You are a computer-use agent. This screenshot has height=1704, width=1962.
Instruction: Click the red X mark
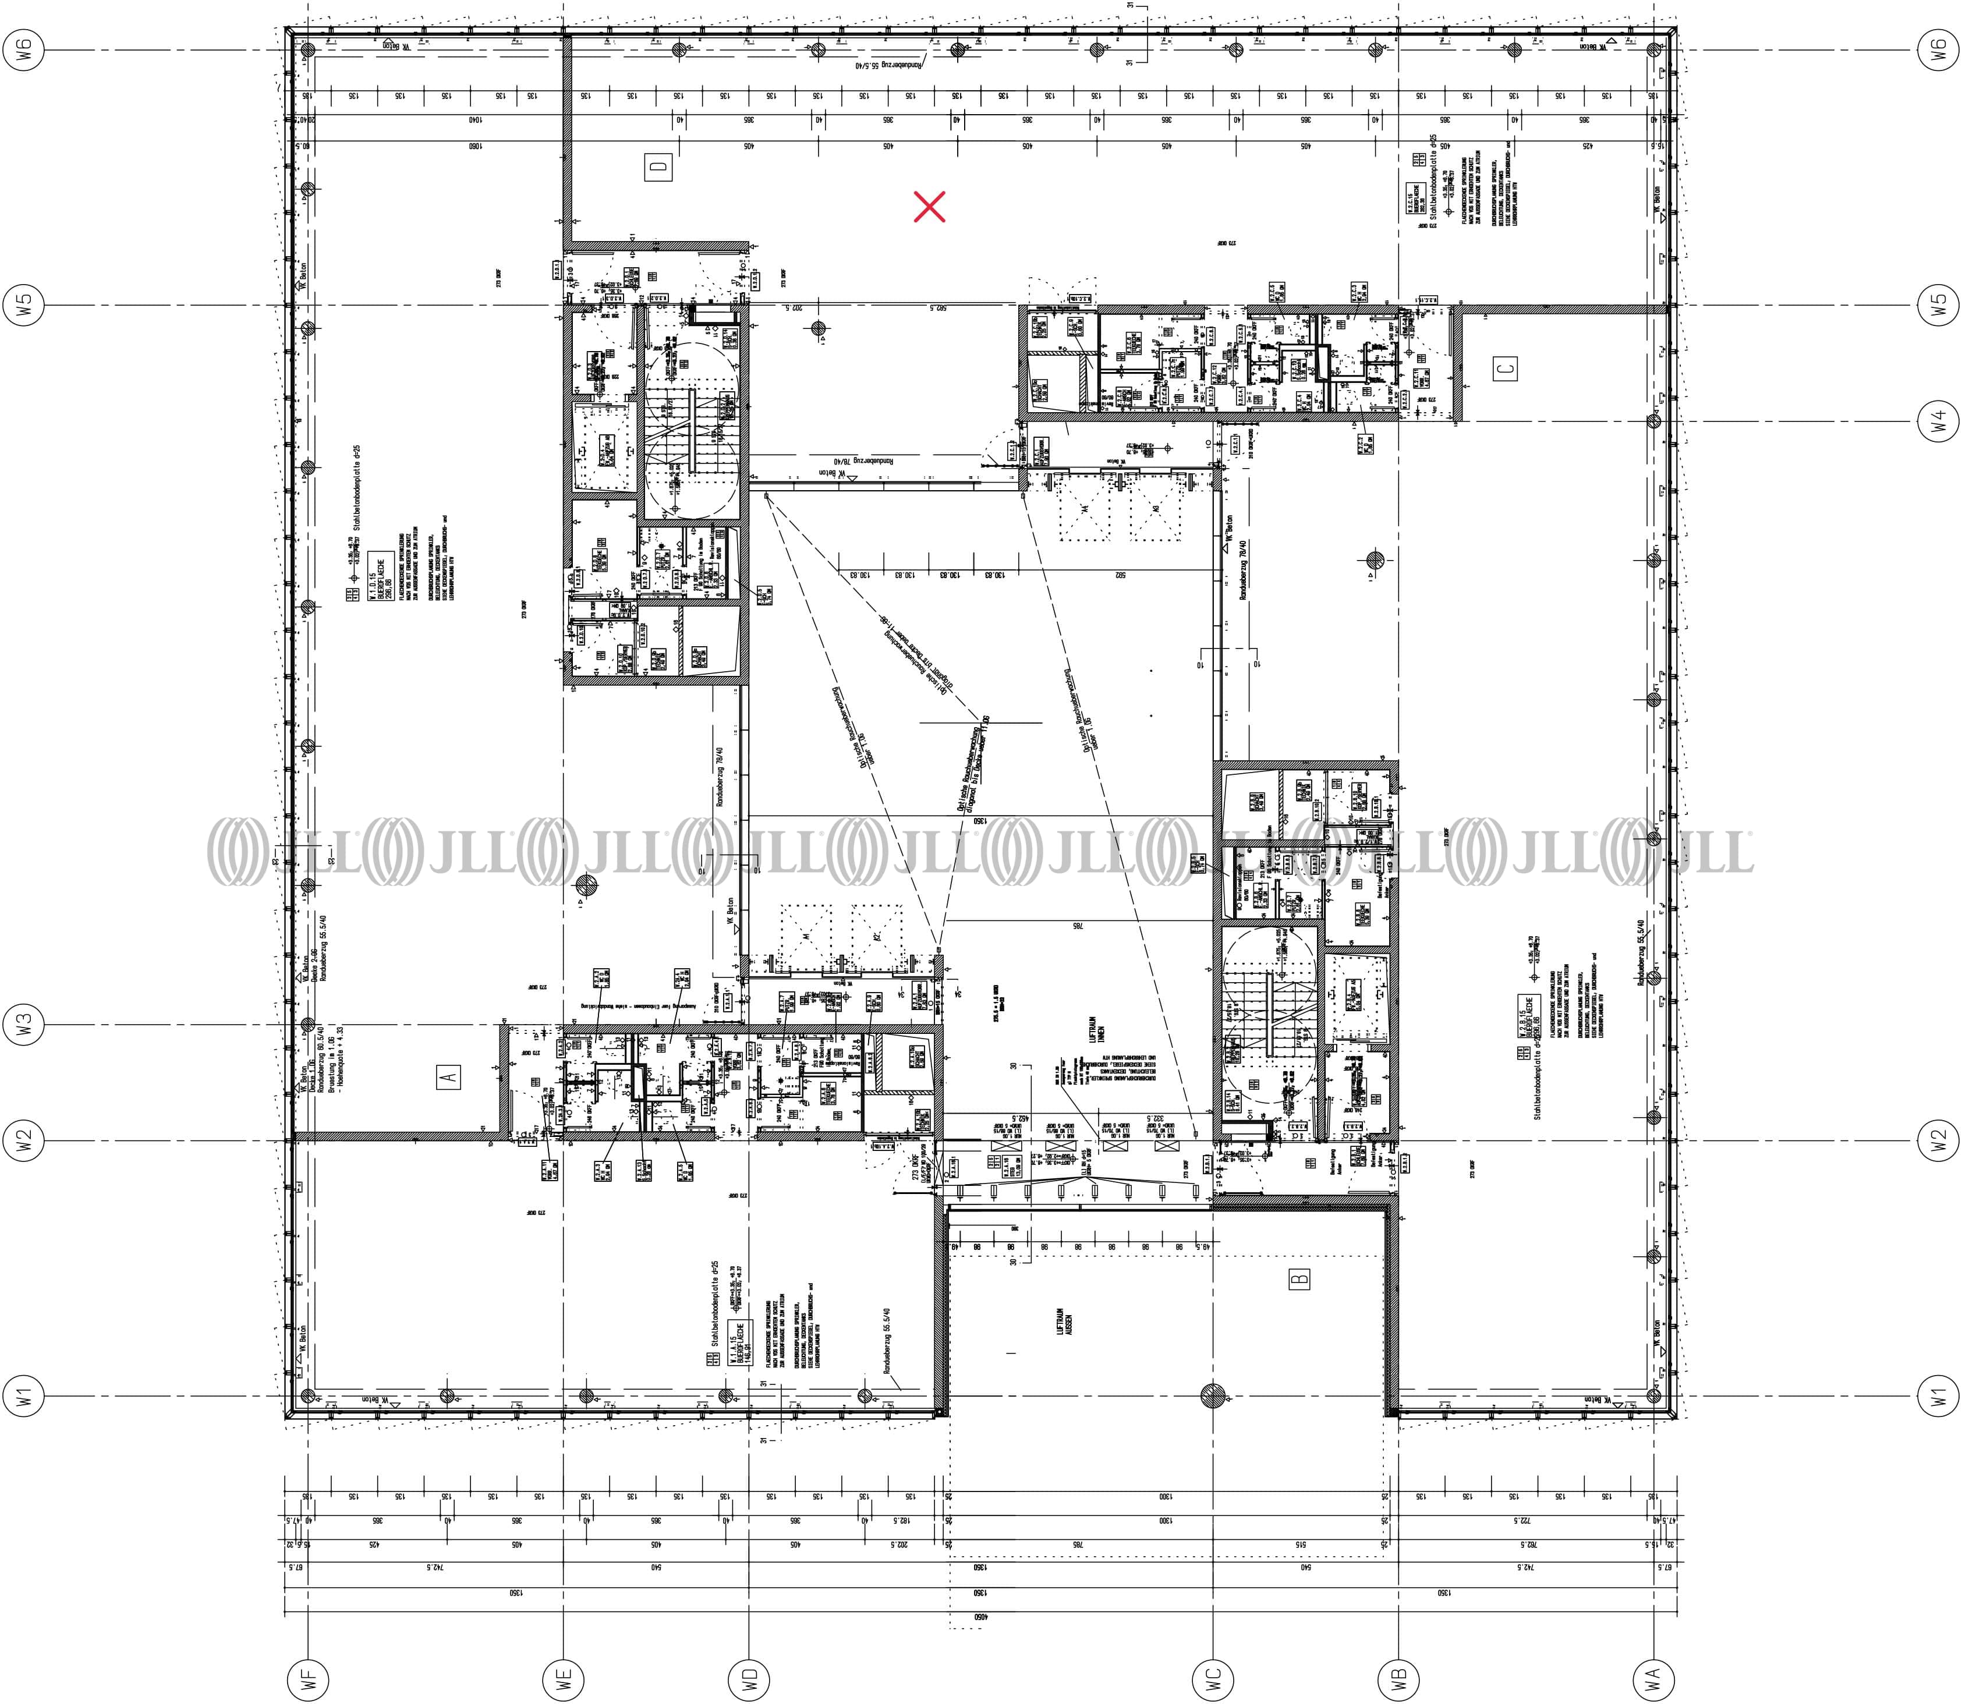point(929,206)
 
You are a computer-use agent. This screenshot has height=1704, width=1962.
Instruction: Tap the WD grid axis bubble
point(749,1680)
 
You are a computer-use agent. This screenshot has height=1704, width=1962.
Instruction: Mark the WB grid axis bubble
point(1398,1680)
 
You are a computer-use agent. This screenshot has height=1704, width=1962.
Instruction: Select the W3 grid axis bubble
point(24,1024)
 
